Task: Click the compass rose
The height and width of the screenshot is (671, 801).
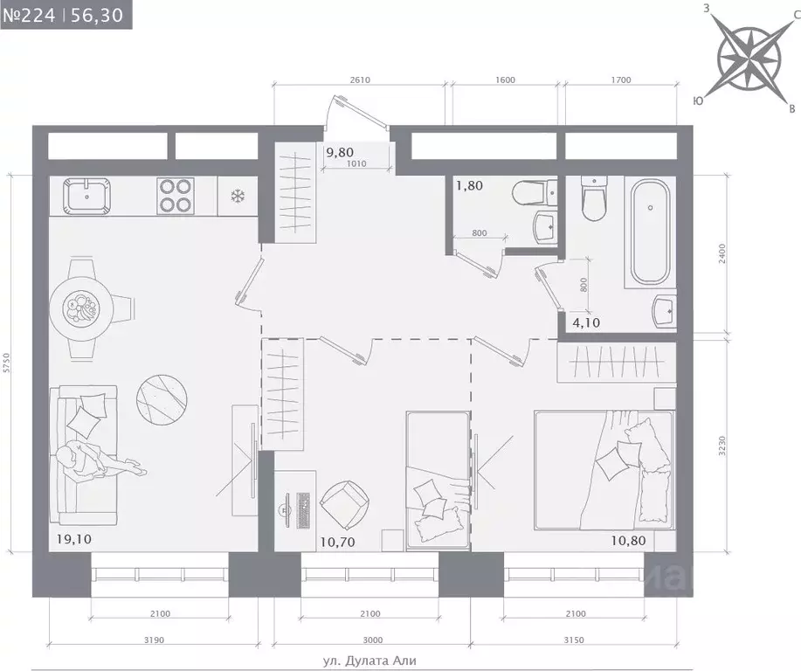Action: click(x=749, y=58)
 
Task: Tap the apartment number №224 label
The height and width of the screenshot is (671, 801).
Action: click(x=29, y=15)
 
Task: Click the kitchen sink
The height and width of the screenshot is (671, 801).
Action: click(x=86, y=197)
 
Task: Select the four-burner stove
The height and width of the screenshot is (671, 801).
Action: click(x=176, y=196)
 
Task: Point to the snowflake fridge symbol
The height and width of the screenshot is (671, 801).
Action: click(x=238, y=197)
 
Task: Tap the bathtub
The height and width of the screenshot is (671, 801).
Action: click(x=650, y=232)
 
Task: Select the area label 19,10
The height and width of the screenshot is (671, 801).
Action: click(x=75, y=539)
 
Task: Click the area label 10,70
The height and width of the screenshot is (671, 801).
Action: click(x=337, y=542)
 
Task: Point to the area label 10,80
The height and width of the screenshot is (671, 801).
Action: click(x=628, y=540)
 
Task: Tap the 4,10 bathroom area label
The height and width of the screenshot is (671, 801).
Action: click(x=586, y=323)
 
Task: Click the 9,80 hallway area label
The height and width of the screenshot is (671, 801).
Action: click(x=340, y=152)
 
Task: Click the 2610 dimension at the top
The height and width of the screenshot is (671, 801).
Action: click(x=360, y=80)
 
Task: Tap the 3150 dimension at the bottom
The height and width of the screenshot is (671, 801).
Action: click(x=574, y=640)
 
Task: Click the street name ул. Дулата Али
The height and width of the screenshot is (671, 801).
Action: click(x=369, y=661)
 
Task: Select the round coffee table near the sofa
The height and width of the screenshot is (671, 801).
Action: click(x=162, y=399)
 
